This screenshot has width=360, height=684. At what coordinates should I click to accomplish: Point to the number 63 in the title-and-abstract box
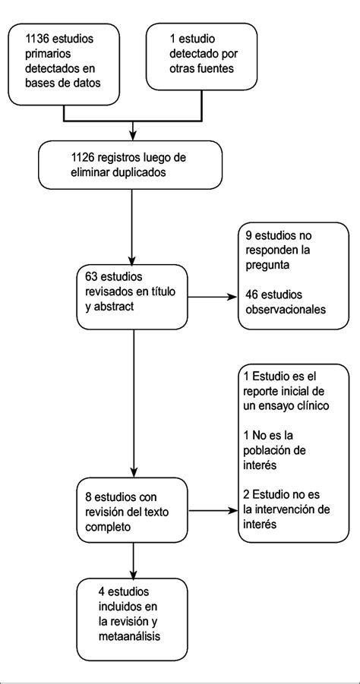[93, 277]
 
